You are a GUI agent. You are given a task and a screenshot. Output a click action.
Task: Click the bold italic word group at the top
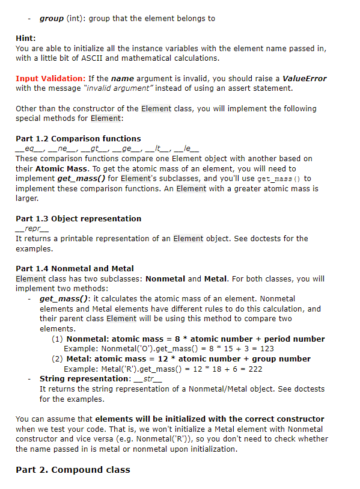point(52,19)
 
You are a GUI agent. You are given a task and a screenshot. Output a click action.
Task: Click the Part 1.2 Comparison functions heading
point(78,138)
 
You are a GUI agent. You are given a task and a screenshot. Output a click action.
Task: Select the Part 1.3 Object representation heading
point(78,218)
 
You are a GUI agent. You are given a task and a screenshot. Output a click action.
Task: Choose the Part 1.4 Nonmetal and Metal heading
point(75,268)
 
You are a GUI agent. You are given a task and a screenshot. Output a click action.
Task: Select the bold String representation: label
point(84,379)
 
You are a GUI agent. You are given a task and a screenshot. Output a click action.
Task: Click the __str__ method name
point(147,379)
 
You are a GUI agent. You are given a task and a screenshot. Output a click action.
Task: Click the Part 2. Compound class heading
point(73,469)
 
